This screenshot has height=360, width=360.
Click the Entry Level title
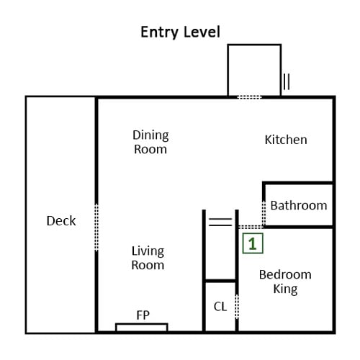click(180, 32)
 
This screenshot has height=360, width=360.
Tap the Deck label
click(61, 221)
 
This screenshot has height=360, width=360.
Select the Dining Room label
click(150, 142)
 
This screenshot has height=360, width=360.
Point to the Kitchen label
click(286, 140)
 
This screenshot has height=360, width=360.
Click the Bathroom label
click(299, 206)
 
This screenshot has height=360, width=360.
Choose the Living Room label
click(148, 258)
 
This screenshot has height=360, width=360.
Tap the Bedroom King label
click(285, 282)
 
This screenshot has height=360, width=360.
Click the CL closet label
click(220, 307)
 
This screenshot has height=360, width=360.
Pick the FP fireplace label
click(143, 315)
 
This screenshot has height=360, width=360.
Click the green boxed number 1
click(253, 243)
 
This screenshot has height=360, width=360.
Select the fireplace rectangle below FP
click(142, 328)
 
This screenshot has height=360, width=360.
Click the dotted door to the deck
click(96, 228)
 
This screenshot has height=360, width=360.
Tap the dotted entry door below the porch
click(249, 97)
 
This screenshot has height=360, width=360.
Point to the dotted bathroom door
click(264, 213)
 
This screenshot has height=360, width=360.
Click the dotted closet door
click(237, 307)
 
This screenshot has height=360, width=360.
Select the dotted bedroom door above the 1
click(251, 227)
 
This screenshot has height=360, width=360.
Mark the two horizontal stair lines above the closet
click(220, 222)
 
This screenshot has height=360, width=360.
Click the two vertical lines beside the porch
click(287, 81)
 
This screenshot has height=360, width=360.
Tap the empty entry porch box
click(254, 70)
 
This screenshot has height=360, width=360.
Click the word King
click(285, 289)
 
